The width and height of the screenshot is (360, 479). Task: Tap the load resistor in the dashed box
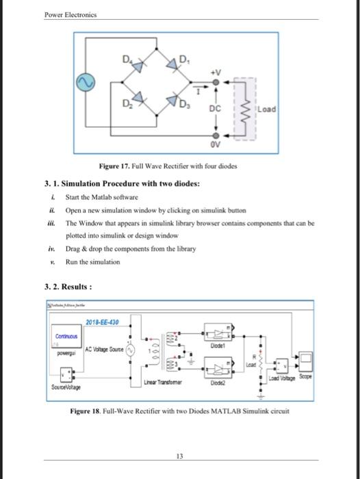coord(240,106)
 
